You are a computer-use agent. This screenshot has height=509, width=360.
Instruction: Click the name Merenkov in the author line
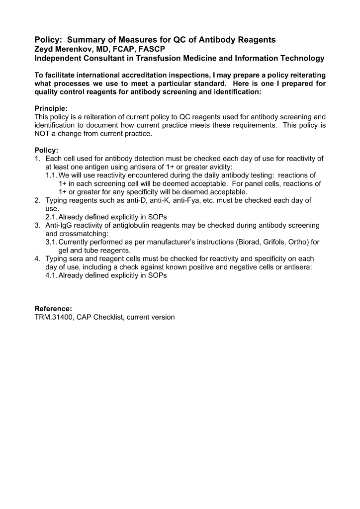[x=71, y=49]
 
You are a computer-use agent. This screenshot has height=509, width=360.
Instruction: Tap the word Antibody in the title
[x=215, y=39]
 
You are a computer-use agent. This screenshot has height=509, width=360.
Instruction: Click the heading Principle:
[x=51, y=108]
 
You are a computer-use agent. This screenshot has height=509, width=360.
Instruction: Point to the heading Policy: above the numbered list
[x=46, y=150]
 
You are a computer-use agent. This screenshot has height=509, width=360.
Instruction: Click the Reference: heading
[x=53, y=309]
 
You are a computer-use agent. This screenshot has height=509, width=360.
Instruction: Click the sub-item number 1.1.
[x=51, y=175]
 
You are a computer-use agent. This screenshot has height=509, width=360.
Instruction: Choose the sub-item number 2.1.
[x=51, y=217]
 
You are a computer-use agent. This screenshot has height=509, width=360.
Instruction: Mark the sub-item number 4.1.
[x=51, y=276]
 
